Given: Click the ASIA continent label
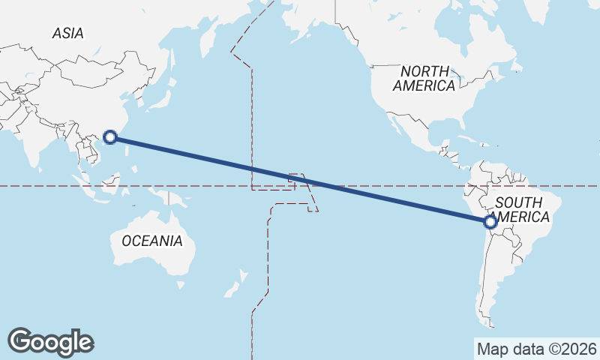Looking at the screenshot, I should pos(67,33).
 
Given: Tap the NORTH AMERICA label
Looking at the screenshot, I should pos(424,78).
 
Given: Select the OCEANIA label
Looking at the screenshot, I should pos(151,241).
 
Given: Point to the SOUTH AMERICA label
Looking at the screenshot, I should pos(523,209).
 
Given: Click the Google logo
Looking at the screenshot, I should pos(50,341).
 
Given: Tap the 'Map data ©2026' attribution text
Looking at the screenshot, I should pos(536,349).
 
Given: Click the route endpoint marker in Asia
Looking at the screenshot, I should pos(110,136).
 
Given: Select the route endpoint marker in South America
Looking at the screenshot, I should pos(490,221).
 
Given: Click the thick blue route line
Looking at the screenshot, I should pos(300,178).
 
